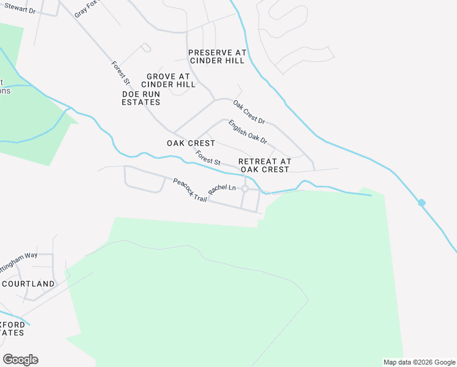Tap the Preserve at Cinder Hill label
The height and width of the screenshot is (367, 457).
[x=217, y=57]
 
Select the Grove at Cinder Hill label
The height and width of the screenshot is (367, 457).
[x=168, y=80]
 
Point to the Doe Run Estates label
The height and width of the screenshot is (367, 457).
[x=141, y=98]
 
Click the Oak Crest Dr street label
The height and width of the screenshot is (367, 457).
[x=249, y=111]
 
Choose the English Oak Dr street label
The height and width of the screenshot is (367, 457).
[x=247, y=132]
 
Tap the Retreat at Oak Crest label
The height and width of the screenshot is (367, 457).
[x=264, y=165]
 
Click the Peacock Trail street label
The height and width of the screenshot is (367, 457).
[x=190, y=190]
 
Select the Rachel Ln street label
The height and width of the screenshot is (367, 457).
[x=222, y=189]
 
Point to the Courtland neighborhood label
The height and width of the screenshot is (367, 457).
[x=28, y=284]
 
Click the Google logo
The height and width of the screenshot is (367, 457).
[x=20, y=360]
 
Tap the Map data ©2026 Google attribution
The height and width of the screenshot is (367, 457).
[x=419, y=362]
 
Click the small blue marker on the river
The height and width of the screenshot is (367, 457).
[x=422, y=202]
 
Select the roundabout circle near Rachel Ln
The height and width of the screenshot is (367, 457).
[x=244, y=189]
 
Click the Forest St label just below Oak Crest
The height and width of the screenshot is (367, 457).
[x=208, y=158]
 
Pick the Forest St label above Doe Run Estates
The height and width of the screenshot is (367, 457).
[x=121, y=72]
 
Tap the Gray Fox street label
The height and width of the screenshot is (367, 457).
[x=87, y=9]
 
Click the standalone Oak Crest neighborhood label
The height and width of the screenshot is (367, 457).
[x=191, y=143]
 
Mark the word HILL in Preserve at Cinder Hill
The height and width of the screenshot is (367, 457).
[x=235, y=61]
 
